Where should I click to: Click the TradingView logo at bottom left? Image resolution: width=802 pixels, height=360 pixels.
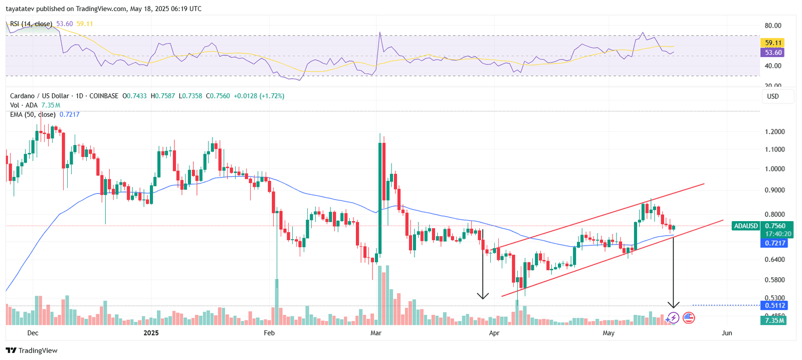(x=32, y=350)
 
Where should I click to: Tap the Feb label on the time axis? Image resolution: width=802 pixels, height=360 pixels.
(x=269, y=333)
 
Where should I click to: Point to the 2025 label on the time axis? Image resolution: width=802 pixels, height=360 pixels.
(x=151, y=333)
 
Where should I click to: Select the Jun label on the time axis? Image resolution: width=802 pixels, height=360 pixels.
(x=727, y=333)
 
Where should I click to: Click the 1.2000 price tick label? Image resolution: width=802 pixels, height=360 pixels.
(x=774, y=132)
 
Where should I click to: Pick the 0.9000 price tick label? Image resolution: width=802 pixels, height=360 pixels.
(x=774, y=190)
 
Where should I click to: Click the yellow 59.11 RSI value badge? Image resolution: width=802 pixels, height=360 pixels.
(x=773, y=43)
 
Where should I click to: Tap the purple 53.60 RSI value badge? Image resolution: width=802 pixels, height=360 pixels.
(x=773, y=53)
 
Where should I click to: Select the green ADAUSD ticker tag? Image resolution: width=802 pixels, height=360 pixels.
(x=746, y=226)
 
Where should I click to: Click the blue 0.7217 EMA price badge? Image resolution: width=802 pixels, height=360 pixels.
(x=774, y=243)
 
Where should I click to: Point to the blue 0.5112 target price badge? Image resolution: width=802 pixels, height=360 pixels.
(x=774, y=305)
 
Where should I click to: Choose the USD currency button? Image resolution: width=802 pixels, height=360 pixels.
(x=773, y=96)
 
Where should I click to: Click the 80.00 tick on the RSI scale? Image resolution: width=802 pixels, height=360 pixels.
(x=773, y=26)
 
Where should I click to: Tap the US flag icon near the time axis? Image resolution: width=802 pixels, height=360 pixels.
(x=689, y=317)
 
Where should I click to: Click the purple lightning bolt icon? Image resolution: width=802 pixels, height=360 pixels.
(x=673, y=317)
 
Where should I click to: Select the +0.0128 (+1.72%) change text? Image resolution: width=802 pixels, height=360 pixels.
(x=259, y=96)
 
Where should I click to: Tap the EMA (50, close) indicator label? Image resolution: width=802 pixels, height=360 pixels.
(x=33, y=114)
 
